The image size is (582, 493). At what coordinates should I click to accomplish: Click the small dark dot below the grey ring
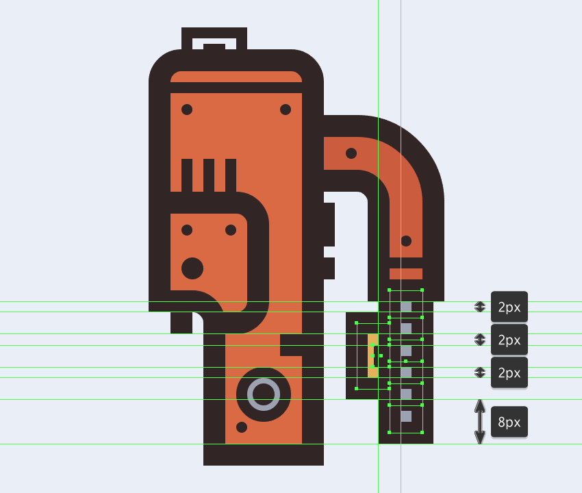coord(242,427)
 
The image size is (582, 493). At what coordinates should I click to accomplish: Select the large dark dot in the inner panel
coord(192,268)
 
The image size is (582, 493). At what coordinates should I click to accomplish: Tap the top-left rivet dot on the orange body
coord(187,110)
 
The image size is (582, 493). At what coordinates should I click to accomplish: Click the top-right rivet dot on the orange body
coord(286,110)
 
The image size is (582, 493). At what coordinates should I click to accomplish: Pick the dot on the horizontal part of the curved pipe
coord(351,153)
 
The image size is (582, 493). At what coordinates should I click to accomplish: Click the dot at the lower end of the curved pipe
coord(406,241)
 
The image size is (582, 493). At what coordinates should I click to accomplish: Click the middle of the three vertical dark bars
coord(209,175)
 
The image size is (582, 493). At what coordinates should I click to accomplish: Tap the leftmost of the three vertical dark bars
coord(187,175)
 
